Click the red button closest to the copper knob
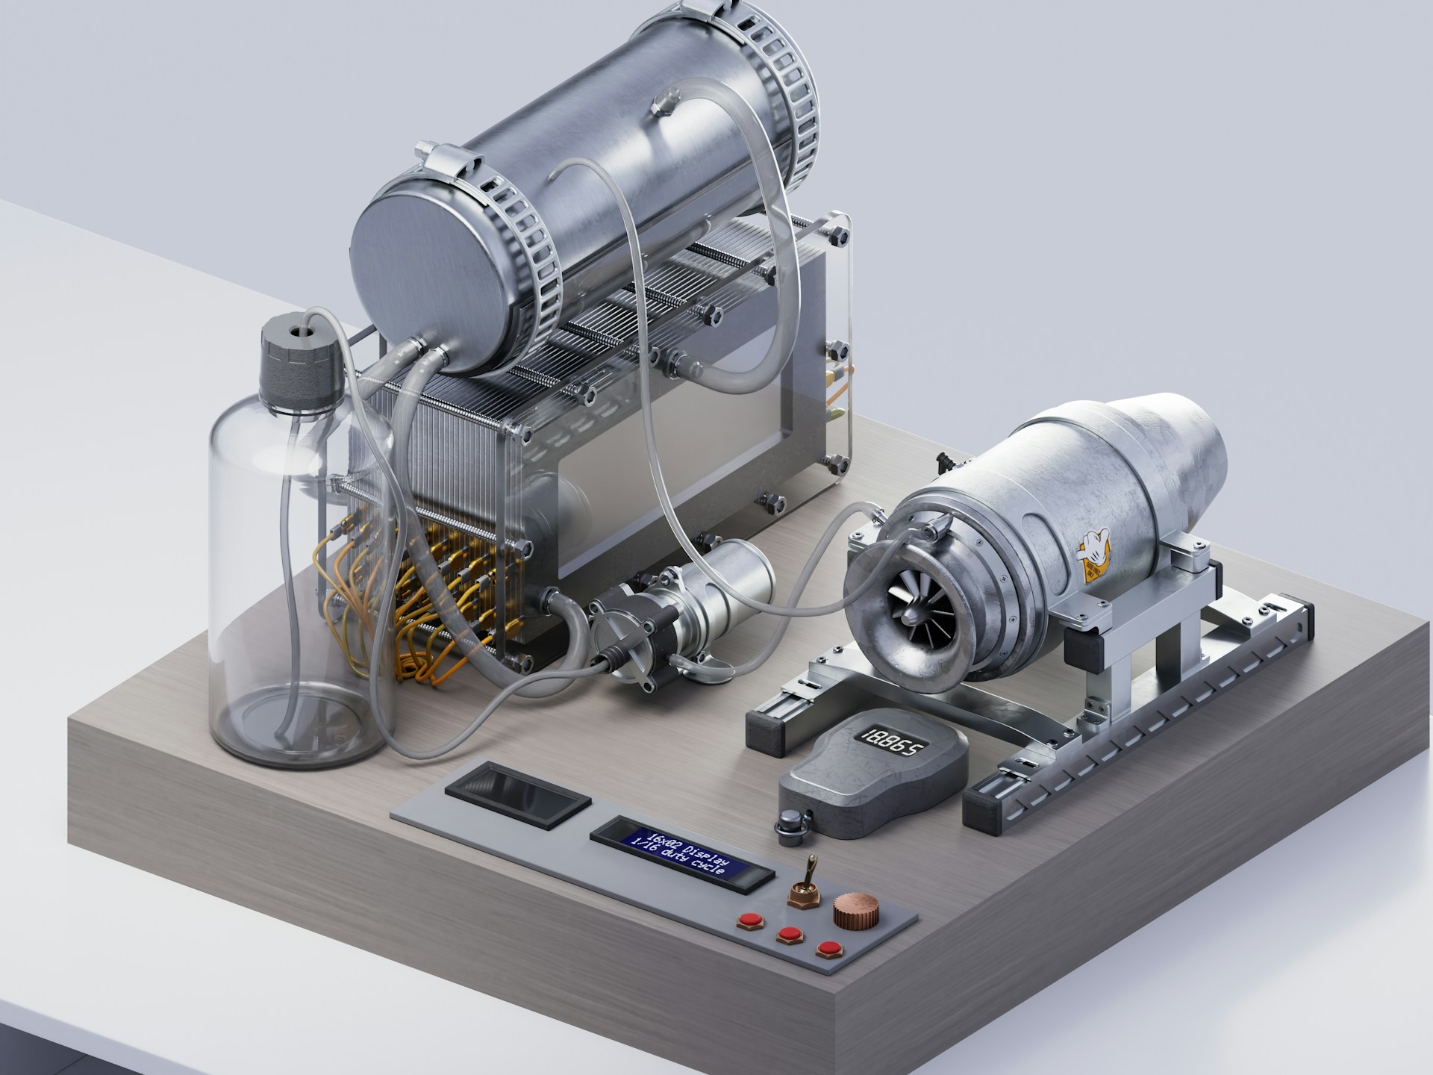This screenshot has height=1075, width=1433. [x=826, y=950]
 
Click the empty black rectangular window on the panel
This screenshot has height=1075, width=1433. [x=519, y=792]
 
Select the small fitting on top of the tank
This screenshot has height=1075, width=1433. [x=664, y=102]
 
